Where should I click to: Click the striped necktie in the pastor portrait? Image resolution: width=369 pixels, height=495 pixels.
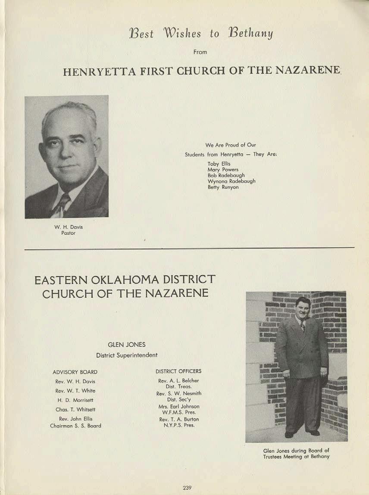click(62, 204)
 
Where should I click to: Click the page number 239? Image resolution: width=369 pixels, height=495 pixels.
click(187, 488)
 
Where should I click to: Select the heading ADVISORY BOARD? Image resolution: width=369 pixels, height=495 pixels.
click(75, 372)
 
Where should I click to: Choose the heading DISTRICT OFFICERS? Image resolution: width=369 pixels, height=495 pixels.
click(178, 371)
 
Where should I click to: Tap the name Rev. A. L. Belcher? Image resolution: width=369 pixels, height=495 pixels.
click(178, 381)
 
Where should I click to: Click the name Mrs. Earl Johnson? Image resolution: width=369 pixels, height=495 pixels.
click(178, 406)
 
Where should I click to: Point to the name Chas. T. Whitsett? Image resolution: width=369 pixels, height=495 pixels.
click(75, 409)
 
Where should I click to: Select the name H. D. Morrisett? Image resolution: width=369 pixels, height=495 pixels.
click(75, 400)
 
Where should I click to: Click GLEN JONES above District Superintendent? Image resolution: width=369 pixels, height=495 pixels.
click(126, 345)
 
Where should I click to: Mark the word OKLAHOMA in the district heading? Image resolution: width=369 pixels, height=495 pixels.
click(113, 280)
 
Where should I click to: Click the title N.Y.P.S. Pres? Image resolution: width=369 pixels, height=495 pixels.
click(178, 425)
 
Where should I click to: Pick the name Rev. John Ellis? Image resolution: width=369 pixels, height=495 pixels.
click(75, 419)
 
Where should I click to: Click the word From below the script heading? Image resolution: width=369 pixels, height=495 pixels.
click(200, 52)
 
